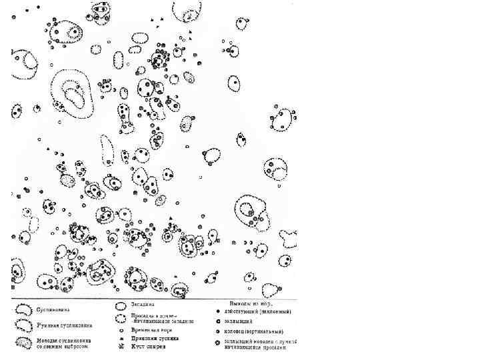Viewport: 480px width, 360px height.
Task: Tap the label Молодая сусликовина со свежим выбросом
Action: click(64, 343)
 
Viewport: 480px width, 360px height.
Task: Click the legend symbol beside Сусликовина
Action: click(23, 310)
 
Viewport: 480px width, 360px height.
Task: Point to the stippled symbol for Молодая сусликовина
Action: click(24, 343)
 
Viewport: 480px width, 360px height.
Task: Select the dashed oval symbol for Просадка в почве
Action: click(121, 318)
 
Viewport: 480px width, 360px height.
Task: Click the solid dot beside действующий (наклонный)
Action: click(218, 311)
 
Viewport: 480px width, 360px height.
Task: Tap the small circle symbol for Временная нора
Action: click(121, 330)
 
